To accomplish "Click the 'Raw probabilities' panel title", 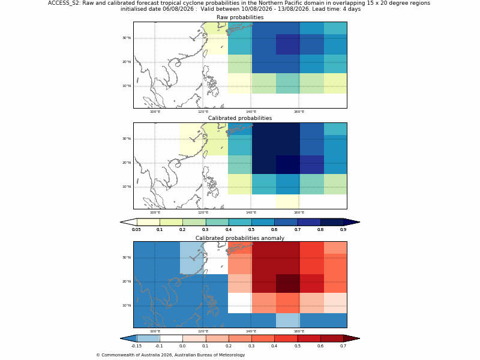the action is coord(240,17).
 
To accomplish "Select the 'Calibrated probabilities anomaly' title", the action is coord(240,238).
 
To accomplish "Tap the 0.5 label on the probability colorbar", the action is coord(251,230).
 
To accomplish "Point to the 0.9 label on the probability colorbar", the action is coord(343,230).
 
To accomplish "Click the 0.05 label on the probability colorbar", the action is coord(136,230).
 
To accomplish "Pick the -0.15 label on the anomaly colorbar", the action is coord(136,346).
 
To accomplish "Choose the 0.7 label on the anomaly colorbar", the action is coord(343,346).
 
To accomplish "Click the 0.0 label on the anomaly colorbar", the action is coord(182,346).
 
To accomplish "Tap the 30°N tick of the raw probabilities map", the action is coord(127,38).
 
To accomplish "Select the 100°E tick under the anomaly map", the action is coord(155,331).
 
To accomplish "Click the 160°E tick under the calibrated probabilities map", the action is coord(299,212).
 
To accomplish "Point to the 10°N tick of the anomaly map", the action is coord(127,305).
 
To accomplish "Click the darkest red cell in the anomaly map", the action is coord(288,283).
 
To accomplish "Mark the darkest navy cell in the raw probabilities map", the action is coord(288,44).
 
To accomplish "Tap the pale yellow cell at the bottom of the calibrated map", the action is coord(288,202).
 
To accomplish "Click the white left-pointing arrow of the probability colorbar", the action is coord(128,222).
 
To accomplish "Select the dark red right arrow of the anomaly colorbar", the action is coord(352,338).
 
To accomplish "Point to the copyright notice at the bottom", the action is coord(170,355).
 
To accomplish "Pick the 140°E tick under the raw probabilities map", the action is coord(251,112).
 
